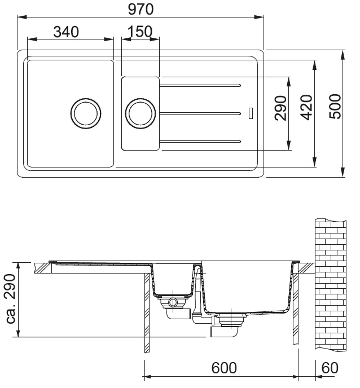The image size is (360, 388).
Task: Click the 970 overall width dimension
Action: [141, 9]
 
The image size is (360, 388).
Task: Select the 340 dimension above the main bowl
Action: [66, 32]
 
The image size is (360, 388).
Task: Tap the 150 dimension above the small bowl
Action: [140, 32]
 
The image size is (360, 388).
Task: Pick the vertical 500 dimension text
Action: [335, 107]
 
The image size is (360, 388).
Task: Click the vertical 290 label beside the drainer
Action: [281, 108]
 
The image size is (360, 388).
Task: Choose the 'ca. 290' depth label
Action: [11, 298]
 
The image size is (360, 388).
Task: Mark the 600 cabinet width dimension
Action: [224, 368]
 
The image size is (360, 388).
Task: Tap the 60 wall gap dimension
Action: [330, 368]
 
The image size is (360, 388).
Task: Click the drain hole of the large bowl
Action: [86, 113]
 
